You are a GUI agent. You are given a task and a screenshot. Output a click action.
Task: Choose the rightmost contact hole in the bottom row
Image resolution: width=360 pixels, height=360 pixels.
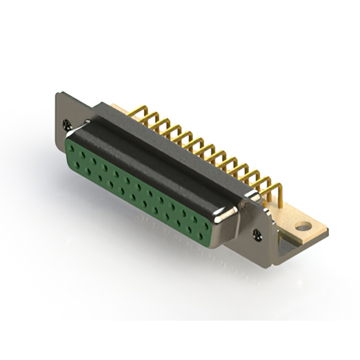200,236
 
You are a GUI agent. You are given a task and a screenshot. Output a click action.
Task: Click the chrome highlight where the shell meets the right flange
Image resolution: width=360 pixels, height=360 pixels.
251,195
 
